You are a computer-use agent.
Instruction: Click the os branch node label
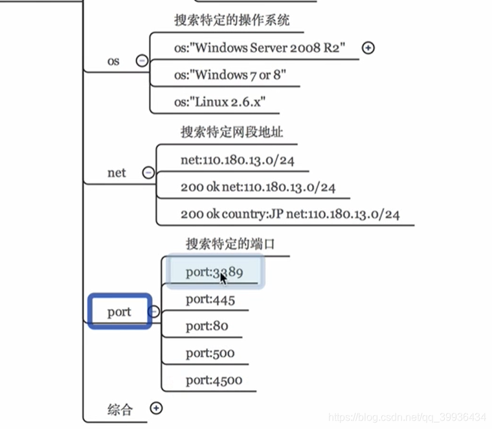(x=113, y=62)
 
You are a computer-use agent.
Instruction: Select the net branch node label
(x=117, y=173)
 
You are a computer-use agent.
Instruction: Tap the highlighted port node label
(x=119, y=312)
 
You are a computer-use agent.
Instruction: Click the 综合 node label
(x=120, y=409)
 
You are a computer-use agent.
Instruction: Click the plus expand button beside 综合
(x=156, y=408)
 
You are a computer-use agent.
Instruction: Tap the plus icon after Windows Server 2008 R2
(x=368, y=47)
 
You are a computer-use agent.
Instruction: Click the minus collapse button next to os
(x=142, y=61)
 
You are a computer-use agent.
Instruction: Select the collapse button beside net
(x=148, y=173)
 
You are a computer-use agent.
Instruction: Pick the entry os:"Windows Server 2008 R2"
(x=260, y=47)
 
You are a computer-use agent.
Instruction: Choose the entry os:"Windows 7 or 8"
(x=230, y=75)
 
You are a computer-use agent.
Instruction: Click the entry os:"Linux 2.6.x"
(x=220, y=102)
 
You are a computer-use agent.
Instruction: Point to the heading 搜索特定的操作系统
(x=232, y=20)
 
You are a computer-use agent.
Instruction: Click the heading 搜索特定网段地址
(x=232, y=132)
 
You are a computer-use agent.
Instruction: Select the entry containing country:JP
(x=290, y=214)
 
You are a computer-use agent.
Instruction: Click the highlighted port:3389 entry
(x=214, y=272)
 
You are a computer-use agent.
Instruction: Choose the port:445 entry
(x=210, y=299)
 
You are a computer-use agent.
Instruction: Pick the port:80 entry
(x=207, y=326)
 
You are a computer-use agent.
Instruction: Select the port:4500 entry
(x=214, y=380)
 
